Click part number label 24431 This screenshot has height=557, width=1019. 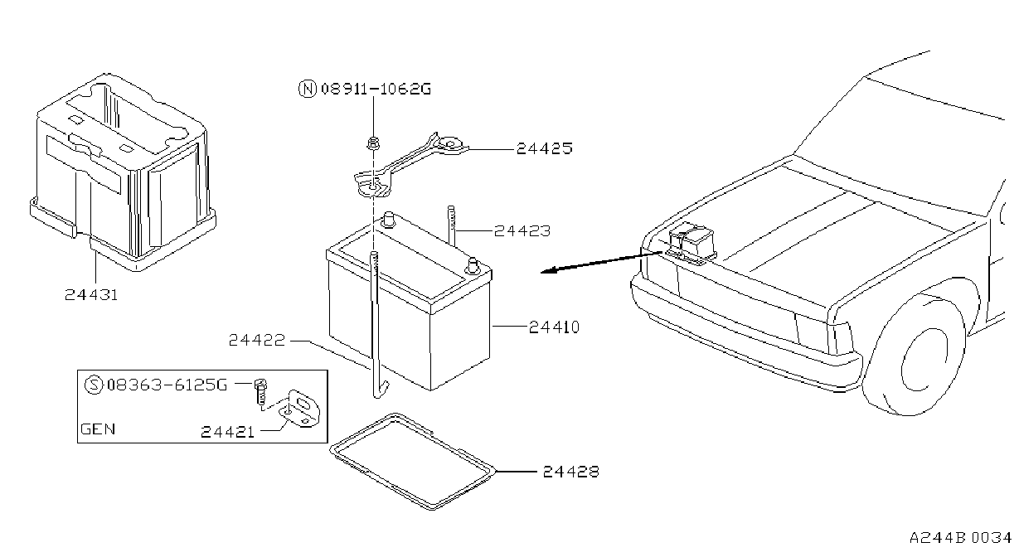click(91, 294)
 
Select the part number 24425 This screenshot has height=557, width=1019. click(545, 148)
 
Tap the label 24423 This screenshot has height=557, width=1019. click(522, 231)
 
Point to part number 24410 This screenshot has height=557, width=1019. click(554, 327)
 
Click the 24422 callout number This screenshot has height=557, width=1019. click(256, 340)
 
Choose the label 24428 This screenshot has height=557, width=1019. click(571, 472)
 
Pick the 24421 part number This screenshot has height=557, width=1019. click(227, 432)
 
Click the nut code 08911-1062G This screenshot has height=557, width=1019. click(376, 89)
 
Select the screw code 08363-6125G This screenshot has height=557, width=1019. click(167, 385)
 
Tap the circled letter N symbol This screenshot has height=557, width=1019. click(308, 89)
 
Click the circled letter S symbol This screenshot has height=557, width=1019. click(94, 385)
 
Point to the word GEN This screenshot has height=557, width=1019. click(98, 429)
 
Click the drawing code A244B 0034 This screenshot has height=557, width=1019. click(960, 538)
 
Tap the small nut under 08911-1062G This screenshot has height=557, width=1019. click(373, 143)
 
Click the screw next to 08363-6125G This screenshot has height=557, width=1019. click(261, 391)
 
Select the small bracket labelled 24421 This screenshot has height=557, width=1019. click(301, 409)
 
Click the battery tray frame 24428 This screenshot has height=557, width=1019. click(412, 462)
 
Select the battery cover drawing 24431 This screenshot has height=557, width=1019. click(123, 172)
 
